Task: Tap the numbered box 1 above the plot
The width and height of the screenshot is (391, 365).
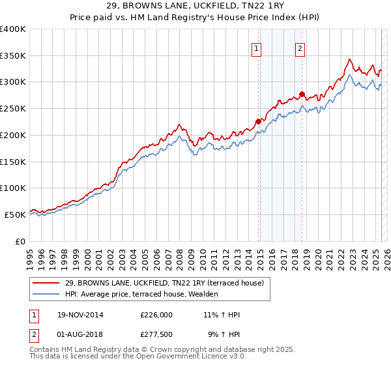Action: tap(257, 48)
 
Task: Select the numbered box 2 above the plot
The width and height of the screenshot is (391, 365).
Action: tap(300, 48)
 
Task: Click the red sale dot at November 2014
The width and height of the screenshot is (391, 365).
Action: tap(259, 121)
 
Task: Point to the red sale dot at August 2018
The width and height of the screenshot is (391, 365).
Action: tap(302, 94)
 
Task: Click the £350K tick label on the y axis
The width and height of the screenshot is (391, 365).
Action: tap(13, 56)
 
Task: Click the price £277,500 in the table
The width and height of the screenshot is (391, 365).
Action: tap(156, 335)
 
